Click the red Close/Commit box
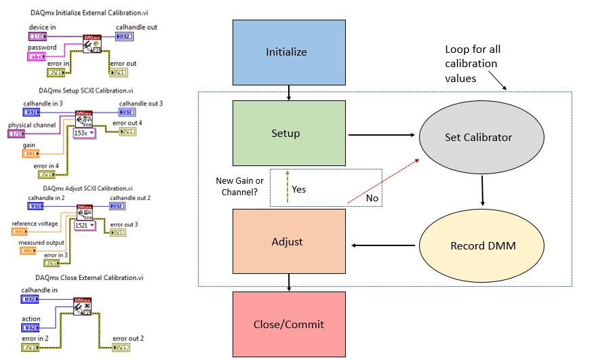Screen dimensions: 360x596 tap(290, 324)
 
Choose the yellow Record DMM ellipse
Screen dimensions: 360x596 tap(483, 245)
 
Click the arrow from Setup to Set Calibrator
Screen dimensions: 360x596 tap(381, 135)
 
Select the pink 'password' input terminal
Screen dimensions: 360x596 tap(37, 57)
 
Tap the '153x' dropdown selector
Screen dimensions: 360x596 tap(84, 134)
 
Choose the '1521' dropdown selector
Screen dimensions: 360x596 tap(85, 224)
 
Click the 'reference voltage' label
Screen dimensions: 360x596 tap(35, 223)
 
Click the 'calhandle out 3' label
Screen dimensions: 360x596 tap(141, 103)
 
